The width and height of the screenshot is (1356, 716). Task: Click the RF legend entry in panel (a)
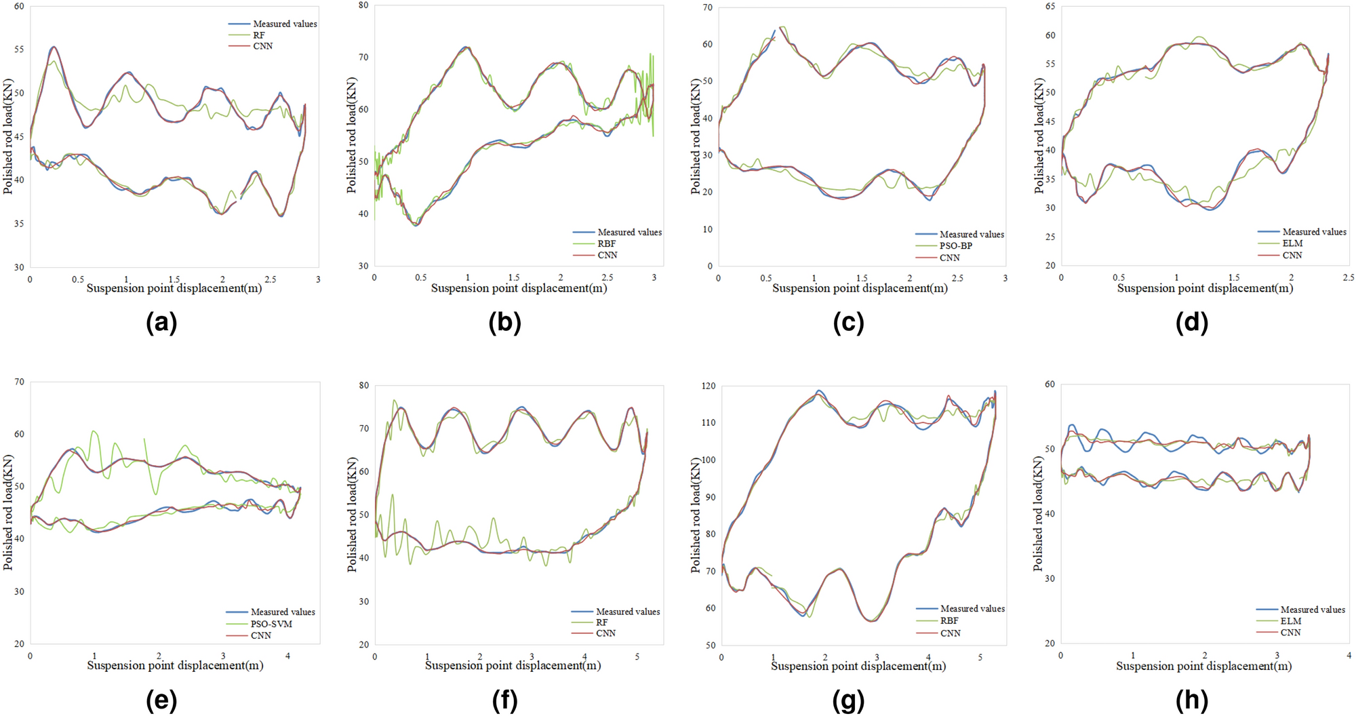pyautogui.click(x=258, y=35)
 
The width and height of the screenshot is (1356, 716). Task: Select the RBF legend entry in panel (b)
pyautogui.click(x=606, y=243)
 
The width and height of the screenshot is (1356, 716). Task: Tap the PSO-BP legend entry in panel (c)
pyautogui.click(x=955, y=246)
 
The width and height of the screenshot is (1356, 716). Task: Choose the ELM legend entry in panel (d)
pyautogui.click(x=1292, y=243)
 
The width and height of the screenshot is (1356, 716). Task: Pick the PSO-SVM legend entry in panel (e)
pyautogui.click(x=271, y=624)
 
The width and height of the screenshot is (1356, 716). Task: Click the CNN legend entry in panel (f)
pyautogui.click(x=605, y=633)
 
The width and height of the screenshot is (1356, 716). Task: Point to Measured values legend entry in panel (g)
pyautogui.click(x=972, y=609)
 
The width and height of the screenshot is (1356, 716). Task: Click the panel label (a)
pyautogui.click(x=161, y=323)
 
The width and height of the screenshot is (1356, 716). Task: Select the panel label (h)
pyautogui.click(x=1192, y=700)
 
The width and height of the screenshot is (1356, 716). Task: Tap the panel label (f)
pyautogui.click(x=504, y=700)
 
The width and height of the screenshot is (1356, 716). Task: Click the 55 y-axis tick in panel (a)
pyautogui.click(x=18, y=49)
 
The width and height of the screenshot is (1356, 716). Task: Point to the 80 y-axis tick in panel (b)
pyautogui.click(x=363, y=5)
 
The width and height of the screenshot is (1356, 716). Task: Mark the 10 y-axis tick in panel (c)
pyautogui.click(x=707, y=229)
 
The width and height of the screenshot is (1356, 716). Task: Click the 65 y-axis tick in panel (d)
pyautogui.click(x=1050, y=7)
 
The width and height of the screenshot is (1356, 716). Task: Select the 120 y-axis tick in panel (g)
pyautogui.click(x=708, y=386)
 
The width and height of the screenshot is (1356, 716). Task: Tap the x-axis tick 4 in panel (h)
pyautogui.click(x=1348, y=656)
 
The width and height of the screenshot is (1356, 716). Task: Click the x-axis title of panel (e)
pyautogui.click(x=175, y=666)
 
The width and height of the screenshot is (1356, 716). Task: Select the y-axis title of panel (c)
pyautogui.click(x=696, y=136)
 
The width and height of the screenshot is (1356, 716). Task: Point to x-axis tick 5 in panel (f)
pyautogui.click(x=636, y=657)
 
